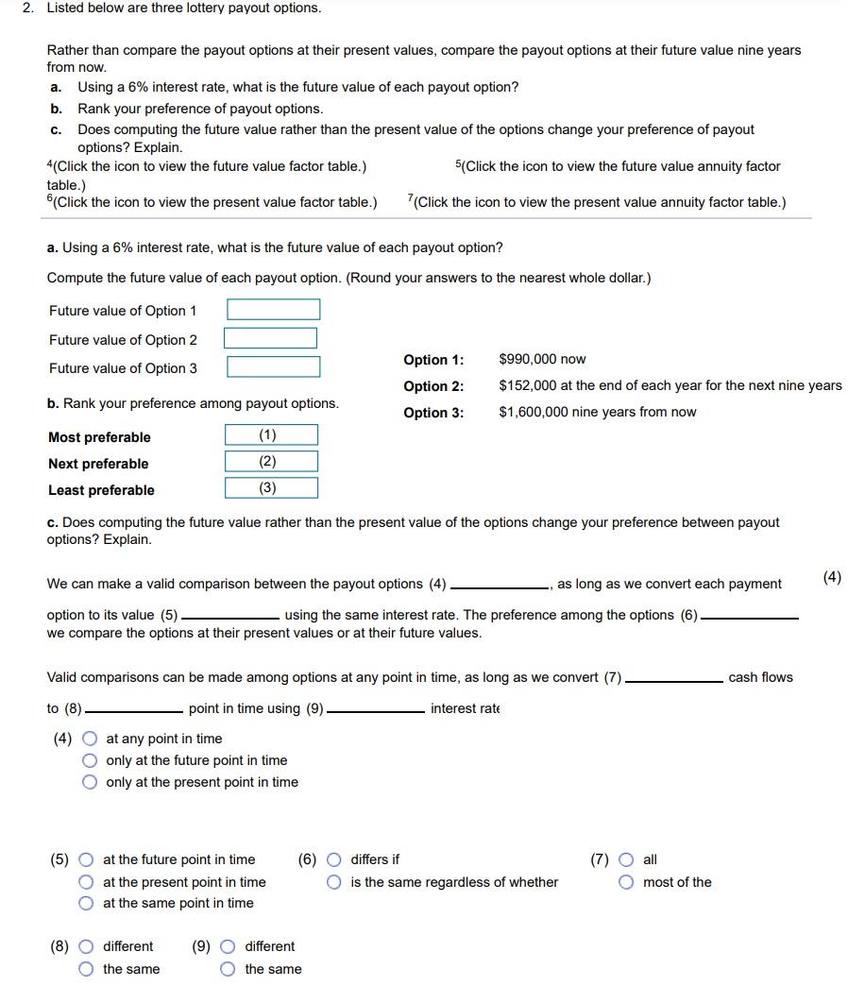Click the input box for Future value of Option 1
[x=273, y=310]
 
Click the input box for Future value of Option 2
[x=270, y=338]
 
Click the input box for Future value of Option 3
[x=273, y=366]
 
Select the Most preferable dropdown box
[x=271, y=435]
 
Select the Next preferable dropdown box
[x=271, y=462]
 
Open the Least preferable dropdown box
[x=271, y=488]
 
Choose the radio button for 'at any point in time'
[x=90, y=739]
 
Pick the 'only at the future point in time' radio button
[x=90, y=760]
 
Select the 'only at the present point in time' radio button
[x=90, y=782]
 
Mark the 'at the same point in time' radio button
[x=87, y=904]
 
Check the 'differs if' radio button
[x=334, y=859]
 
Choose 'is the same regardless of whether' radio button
[x=334, y=882]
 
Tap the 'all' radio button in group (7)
[x=627, y=859]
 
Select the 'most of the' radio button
[x=627, y=882]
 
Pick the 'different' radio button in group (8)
[x=87, y=946]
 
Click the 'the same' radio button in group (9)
[x=229, y=969]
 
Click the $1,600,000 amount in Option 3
[x=534, y=412]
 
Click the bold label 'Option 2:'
[x=433, y=386]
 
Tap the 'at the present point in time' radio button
[x=87, y=882]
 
